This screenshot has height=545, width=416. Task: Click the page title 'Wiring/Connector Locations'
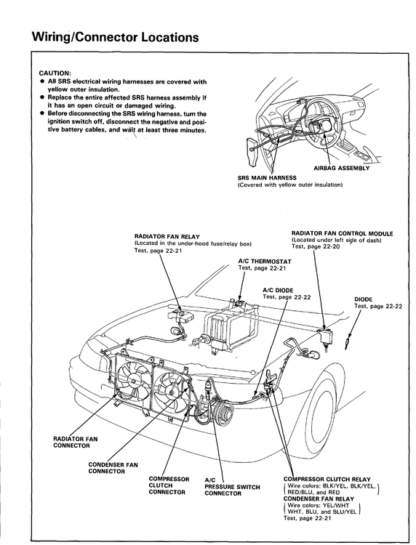click(x=115, y=37)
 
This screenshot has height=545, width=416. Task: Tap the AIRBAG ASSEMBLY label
click(x=342, y=169)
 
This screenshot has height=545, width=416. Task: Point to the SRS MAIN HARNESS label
click(x=267, y=178)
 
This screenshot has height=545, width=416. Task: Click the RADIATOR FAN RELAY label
click(x=167, y=237)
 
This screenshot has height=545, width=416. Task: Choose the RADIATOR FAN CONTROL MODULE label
click(x=343, y=233)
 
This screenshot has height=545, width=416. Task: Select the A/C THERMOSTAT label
click(x=265, y=261)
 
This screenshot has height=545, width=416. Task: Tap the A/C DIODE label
click(x=278, y=290)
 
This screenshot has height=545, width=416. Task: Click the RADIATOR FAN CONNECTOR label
click(x=76, y=442)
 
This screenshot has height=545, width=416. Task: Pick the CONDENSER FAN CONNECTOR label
click(x=113, y=468)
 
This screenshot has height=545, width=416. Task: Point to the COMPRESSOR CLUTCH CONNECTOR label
click(x=169, y=485)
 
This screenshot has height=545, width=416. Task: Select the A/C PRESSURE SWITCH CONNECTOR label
click(x=232, y=487)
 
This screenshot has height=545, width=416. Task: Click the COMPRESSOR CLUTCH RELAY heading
click(x=327, y=480)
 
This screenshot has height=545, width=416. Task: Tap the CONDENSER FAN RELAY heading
click(x=319, y=498)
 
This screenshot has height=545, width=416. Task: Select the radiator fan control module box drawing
click(x=325, y=336)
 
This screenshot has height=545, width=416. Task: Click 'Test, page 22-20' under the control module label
click(x=316, y=246)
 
